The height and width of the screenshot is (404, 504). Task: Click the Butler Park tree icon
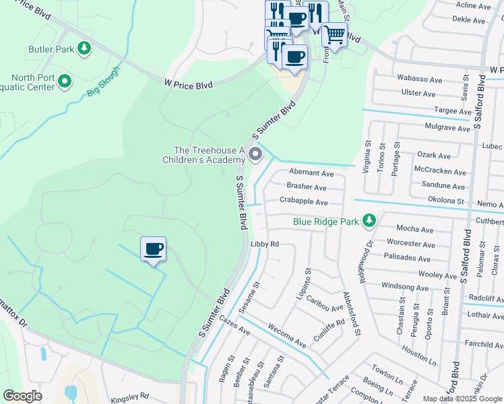[x=84, y=48]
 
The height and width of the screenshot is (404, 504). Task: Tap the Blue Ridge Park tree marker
[x=369, y=220]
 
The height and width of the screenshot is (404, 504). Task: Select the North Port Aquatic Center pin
[x=65, y=82]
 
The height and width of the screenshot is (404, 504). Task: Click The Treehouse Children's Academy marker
[x=255, y=156]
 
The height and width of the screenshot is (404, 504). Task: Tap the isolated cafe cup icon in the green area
[x=154, y=249]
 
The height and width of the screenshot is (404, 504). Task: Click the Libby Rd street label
[x=264, y=244]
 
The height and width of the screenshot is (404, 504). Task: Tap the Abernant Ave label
[x=311, y=173]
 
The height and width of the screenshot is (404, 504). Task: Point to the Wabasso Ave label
[x=419, y=79]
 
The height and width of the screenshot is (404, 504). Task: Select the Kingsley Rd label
[x=131, y=396]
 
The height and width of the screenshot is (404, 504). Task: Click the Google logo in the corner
[x=22, y=396]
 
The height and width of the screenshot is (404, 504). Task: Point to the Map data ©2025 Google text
[x=462, y=399]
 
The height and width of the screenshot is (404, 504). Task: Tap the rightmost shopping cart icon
[x=334, y=34]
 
